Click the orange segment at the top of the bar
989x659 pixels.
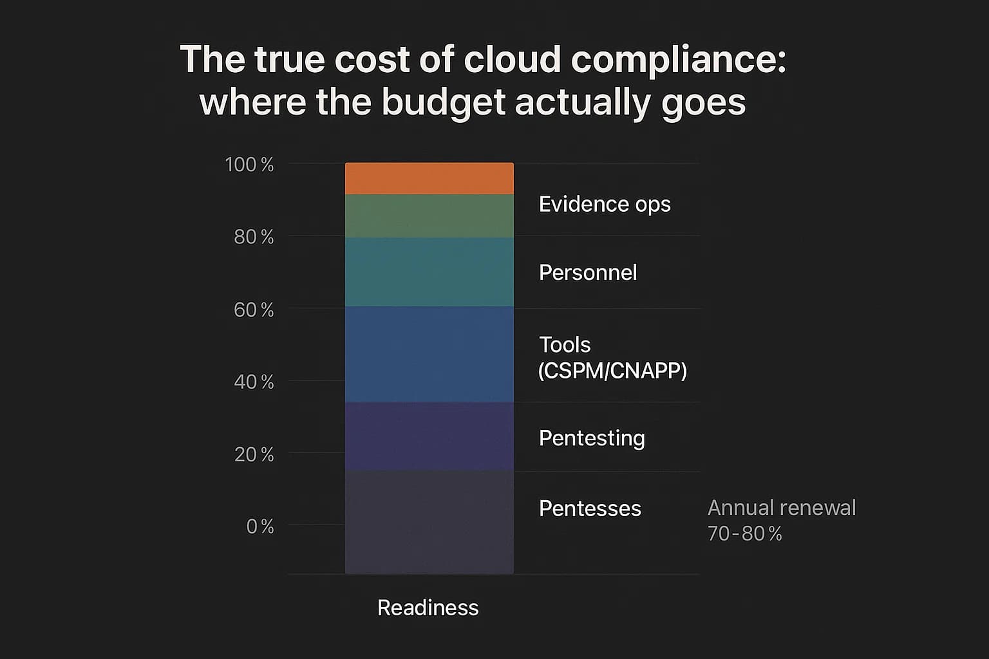(429, 178)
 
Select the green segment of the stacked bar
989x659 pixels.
(429, 216)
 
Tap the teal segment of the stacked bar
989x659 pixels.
(429, 272)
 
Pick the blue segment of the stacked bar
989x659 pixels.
(429, 354)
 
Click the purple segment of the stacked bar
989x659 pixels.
(429, 436)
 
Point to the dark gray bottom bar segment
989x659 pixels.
(429, 521)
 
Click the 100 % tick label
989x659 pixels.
(249, 165)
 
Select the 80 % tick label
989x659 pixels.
(254, 237)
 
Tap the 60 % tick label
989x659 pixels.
(254, 310)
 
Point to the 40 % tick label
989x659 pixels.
(254, 382)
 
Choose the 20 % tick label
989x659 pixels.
(254, 455)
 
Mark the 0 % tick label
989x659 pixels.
(260, 527)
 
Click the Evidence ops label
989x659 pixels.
(605, 204)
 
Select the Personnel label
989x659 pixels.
(588, 273)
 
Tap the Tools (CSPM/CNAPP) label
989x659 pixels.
(612, 358)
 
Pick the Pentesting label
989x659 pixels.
(592, 438)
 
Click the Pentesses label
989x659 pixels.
(590, 508)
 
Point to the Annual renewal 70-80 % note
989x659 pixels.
(781, 520)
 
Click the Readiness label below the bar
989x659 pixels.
(428, 608)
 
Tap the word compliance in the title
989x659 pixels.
(678, 60)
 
